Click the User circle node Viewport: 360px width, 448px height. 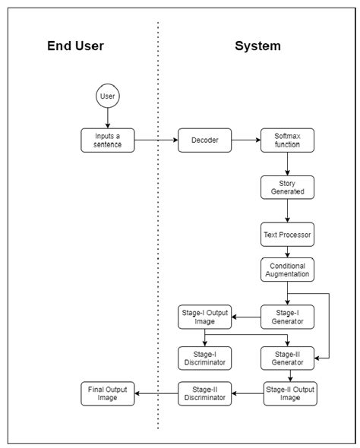click(x=108, y=97)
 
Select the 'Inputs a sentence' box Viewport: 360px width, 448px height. click(x=108, y=140)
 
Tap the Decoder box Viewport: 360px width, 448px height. click(x=204, y=140)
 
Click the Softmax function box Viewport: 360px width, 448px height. click(x=287, y=140)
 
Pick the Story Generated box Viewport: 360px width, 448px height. click(x=287, y=188)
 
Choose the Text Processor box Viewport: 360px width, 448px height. click(x=287, y=235)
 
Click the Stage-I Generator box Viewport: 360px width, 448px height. click(x=287, y=317)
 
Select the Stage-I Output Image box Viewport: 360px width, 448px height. click(x=204, y=317)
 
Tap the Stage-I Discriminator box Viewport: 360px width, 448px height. click(x=204, y=358)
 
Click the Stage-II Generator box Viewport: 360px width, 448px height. click(x=287, y=358)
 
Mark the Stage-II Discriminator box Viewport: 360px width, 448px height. click(x=204, y=393)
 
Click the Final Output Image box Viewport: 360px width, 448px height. click(x=108, y=393)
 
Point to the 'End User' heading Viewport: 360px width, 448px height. click(x=76, y=46)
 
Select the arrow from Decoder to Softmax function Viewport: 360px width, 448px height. click(x=245, y=140)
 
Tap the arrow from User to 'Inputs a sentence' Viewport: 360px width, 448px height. click(x=108, y=118)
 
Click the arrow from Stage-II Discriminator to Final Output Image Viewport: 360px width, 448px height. click(x=156, y=393)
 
